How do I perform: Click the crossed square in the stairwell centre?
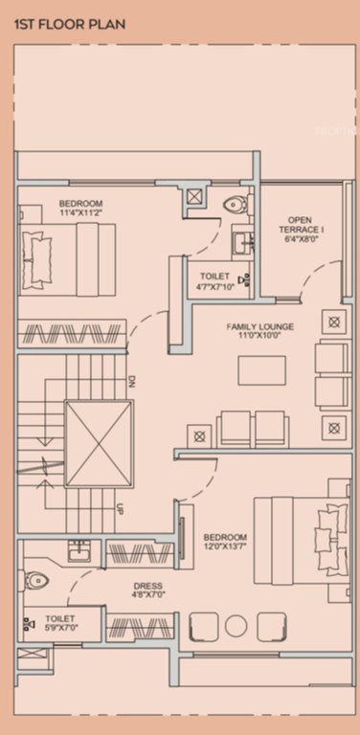point(98,443)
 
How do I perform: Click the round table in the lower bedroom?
point(236,626)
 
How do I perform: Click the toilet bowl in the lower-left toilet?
point(36,579)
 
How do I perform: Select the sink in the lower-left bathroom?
point(78,551)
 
